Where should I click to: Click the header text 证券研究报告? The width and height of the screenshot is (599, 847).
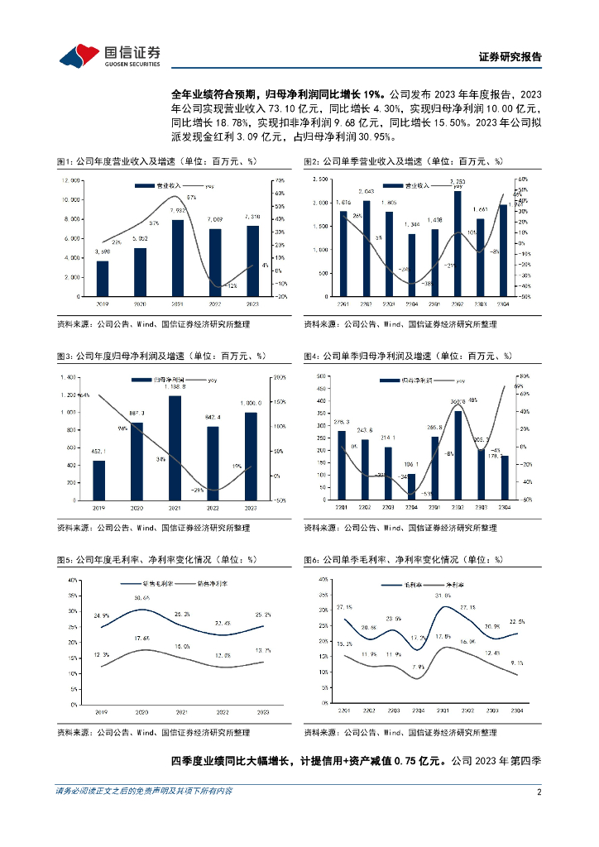[x=510, y=57]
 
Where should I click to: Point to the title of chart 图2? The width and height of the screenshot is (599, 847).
[x=403, y=161]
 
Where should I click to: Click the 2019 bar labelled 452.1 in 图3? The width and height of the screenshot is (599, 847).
[x=99, y=480]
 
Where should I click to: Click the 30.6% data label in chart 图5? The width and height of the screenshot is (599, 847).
[x=141, y=596]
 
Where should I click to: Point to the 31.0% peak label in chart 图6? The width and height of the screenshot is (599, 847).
[x=442, y=595]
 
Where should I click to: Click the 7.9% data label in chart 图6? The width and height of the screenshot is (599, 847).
[x=419, y=666]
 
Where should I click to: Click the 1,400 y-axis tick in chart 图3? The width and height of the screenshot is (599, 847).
[x=68, y=377]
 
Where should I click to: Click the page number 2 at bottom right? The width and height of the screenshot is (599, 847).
[x=539, y=792]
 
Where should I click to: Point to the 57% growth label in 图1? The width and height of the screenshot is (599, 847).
[x=191, y=198]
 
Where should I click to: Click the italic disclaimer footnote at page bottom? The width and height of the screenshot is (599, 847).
[x=144, y=791]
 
